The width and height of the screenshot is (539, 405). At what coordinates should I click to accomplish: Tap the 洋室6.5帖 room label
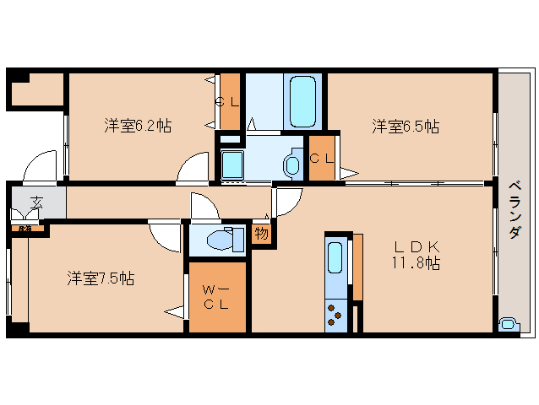coord(406,127)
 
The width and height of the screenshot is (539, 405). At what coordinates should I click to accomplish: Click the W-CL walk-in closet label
coord(217,297)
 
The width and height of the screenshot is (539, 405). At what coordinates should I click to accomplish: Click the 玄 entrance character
coord(37,202)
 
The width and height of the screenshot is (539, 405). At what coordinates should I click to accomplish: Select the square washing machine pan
coord(231,163)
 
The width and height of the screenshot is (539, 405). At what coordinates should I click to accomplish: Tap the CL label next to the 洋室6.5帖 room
coord(321,158)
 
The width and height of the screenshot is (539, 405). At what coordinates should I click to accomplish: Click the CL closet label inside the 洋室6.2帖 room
coord(229,102)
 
